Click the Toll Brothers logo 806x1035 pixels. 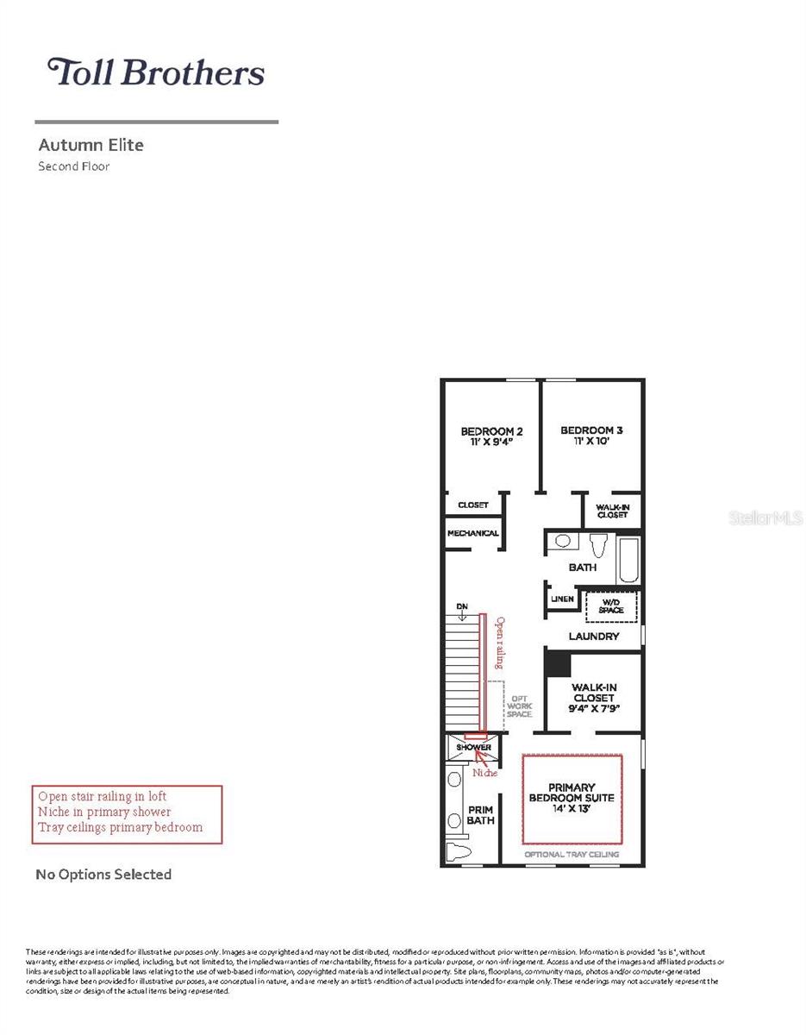(156, 72)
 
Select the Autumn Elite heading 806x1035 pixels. (91, 145)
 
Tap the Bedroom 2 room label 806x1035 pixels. (491, 436)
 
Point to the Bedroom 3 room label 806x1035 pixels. (591, 435)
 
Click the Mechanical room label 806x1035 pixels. (472, 533)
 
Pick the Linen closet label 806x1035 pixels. (562, 599)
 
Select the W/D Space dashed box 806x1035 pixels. (611, 605)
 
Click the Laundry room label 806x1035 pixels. (594, 637)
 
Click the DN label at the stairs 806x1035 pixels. (462, 607)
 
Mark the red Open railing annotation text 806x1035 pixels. (499, 643)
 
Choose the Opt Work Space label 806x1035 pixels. (520, 706)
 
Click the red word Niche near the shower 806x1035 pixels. (484, 773)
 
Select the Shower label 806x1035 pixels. (473, 747)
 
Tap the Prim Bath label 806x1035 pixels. (481, 815)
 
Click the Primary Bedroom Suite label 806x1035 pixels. (572, 798)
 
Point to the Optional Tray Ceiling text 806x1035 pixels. (572, 855)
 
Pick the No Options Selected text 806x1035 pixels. (103, 875)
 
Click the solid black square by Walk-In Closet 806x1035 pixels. (558, 663)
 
